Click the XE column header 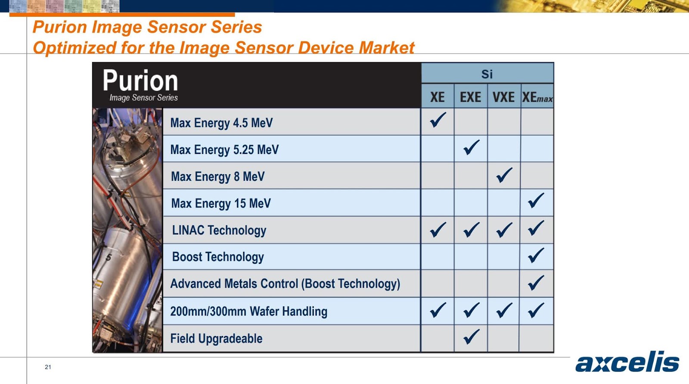tap(438, 97)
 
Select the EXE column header tap(470, 97)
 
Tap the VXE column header tap(503, 97)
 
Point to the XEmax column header tap(537, 97)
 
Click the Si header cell tap(487, 74)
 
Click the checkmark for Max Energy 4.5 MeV tap(438, 120)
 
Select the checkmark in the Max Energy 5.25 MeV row tap(471, 147)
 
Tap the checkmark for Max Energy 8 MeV tap(504, 175)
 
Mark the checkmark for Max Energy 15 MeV tap(536, 200)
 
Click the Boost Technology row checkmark tap(536, 256)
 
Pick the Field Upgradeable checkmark tap(471, 336)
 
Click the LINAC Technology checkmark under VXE tap(504, 230)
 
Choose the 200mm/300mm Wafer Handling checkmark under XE tap(438, 310)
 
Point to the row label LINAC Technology tap(219, 231)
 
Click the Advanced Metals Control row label tap(285, 284)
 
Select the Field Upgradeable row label tap(216, 339)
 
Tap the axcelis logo tap(627, 362)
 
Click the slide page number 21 tap(48, 367)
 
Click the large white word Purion tap(140, 81)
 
